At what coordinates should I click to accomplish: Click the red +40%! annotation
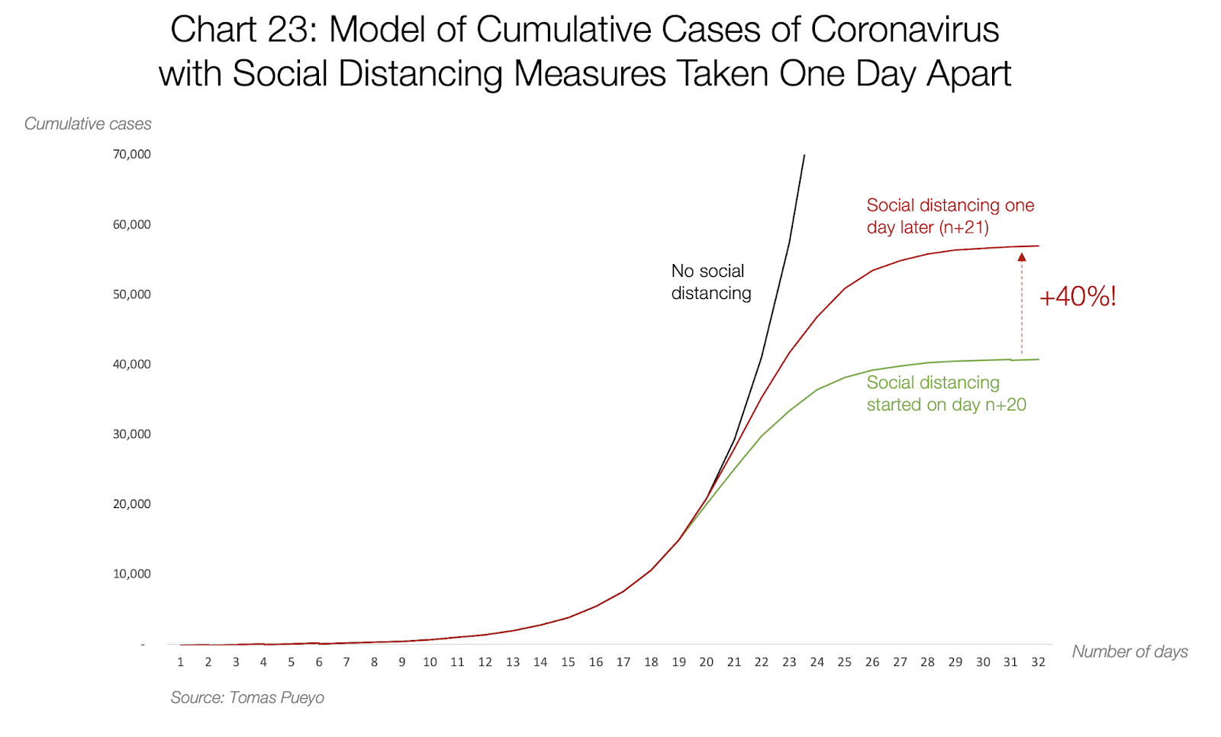1078,297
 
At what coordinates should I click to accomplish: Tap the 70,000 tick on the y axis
132,154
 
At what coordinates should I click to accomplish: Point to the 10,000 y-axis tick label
132,574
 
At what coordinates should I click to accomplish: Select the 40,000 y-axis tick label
132,364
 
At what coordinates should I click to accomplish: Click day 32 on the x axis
1038,662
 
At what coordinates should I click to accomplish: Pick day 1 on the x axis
181,662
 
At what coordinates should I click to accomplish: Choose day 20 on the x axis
707,662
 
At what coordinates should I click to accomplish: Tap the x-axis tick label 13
513,662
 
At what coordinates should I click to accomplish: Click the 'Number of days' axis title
1129,652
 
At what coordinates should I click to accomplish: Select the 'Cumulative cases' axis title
88,124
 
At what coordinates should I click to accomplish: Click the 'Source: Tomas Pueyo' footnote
247,697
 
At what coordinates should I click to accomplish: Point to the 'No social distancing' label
710,282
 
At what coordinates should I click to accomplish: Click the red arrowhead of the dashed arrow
1022,257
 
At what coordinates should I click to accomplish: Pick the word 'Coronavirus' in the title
904,31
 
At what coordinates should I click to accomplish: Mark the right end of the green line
1038,359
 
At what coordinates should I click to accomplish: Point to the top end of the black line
804,156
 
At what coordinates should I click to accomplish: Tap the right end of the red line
1038,246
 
